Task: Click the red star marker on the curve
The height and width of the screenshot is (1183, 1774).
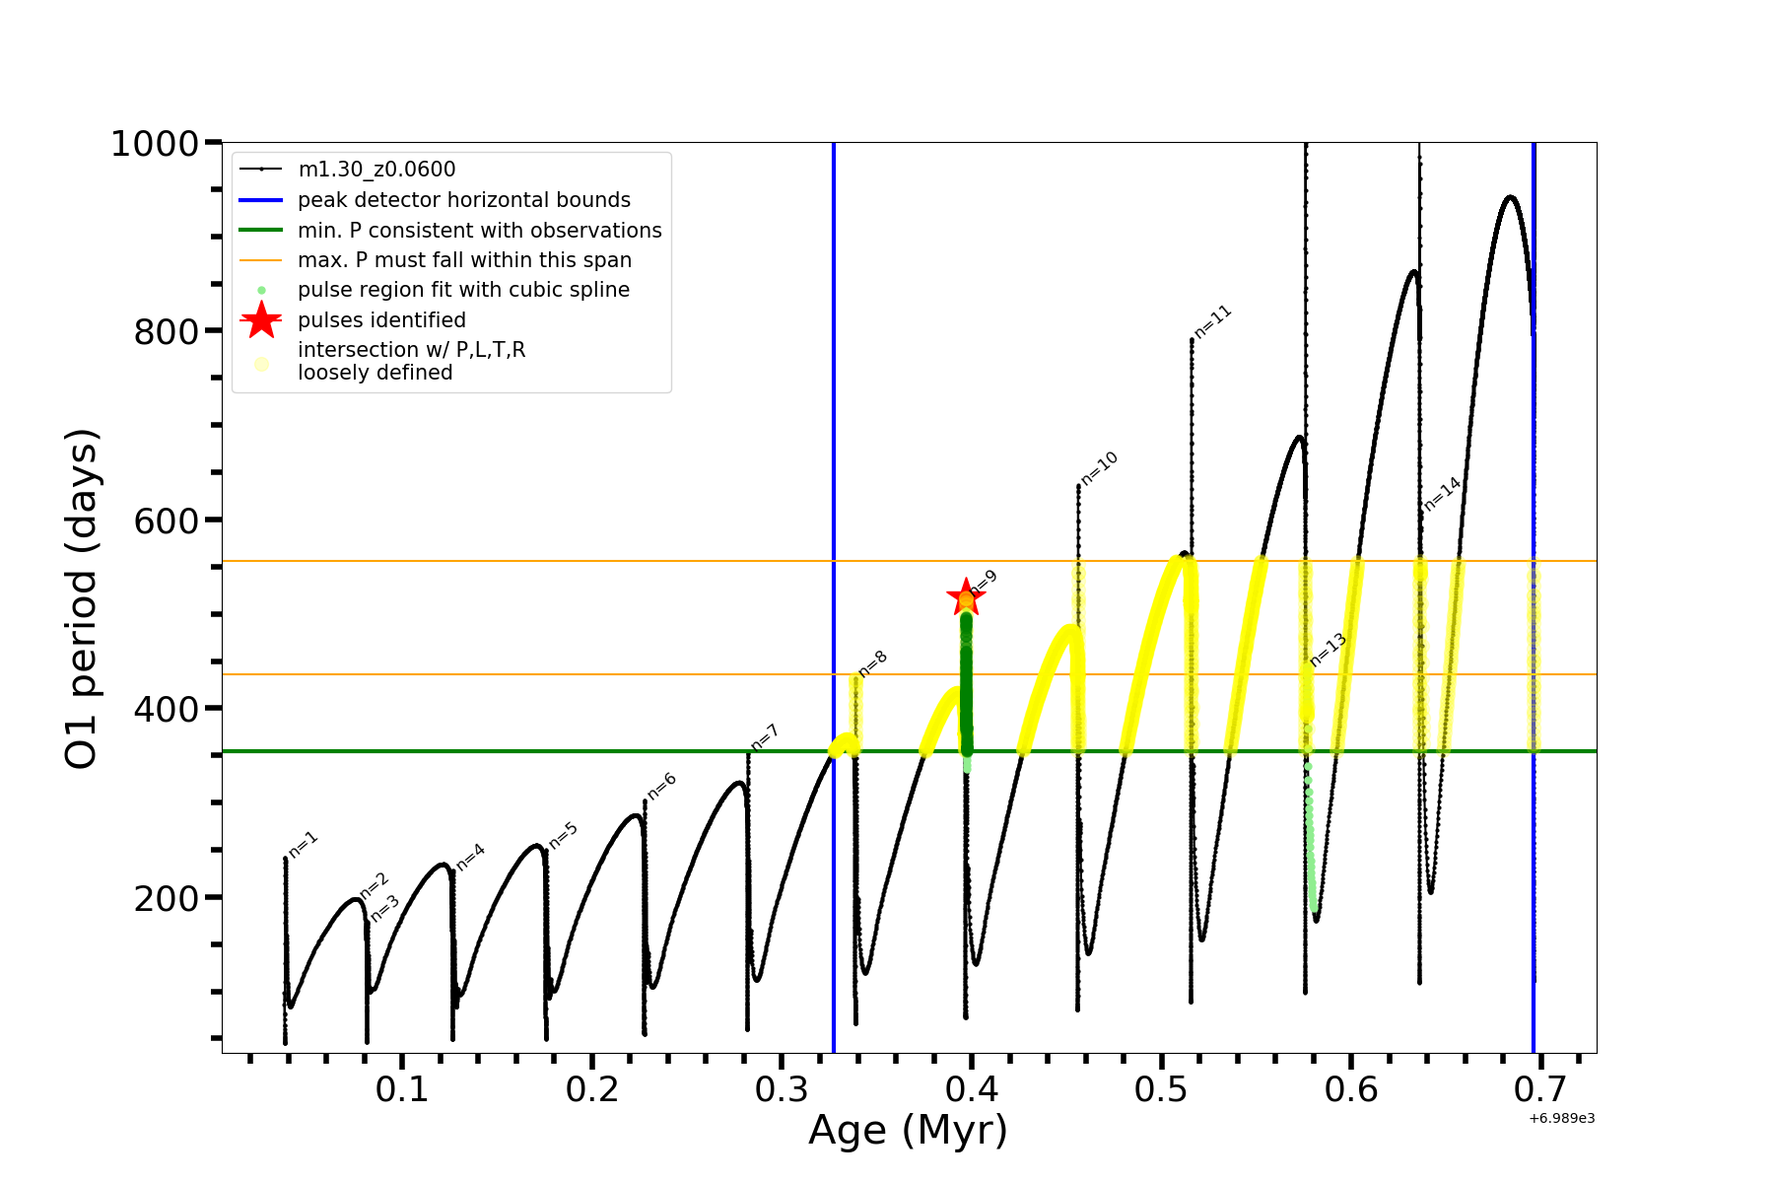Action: click(965, 596)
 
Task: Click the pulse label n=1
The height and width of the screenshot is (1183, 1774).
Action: click(304, 845)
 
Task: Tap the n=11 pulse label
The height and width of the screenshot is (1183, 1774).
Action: click(1213, 321)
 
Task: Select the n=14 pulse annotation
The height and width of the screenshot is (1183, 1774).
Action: click(1442, 494)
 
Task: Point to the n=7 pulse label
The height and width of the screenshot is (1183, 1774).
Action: click(765, 737)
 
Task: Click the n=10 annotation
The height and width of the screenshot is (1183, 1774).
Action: click(1099, 468)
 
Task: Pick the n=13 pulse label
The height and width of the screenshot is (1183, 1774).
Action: click(1328, 651)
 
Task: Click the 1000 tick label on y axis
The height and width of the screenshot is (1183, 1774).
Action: click(155, 144)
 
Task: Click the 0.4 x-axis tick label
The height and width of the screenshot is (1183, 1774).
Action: click(972, 1089)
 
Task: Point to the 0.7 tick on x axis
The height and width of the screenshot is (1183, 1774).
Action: click(1540, 1089)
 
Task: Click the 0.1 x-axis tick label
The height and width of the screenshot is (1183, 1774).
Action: click(402, 1089)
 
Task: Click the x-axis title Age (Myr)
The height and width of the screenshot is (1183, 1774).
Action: click(908, 1131)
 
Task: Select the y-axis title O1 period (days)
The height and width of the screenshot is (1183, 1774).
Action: click(81, 598)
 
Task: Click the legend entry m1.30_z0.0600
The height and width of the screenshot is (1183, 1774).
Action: click(376, 171)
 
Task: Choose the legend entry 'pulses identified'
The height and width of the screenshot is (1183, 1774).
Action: click(381, 320)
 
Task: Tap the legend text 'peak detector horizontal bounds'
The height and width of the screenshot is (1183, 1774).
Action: click(463, 200)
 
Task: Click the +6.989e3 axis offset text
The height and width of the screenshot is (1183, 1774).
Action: click(1561, 1118)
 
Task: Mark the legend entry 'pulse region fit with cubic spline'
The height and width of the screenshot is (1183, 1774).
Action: click(463, 290)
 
